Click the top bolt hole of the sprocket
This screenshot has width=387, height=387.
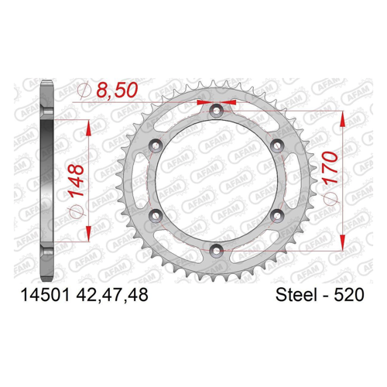coord(217,111)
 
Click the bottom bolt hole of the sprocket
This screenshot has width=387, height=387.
coord(217,250)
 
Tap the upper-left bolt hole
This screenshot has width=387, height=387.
coord(156,146)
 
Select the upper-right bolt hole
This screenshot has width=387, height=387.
coord(277,146)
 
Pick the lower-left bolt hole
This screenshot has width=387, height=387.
coord(156,215)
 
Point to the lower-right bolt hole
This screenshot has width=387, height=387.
coord(277,215)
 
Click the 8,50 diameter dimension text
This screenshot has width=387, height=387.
coord(117,90)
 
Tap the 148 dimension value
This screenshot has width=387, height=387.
coord(77,180)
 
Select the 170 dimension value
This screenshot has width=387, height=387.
coord(330,168)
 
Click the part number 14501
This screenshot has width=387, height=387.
coord(45,295)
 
